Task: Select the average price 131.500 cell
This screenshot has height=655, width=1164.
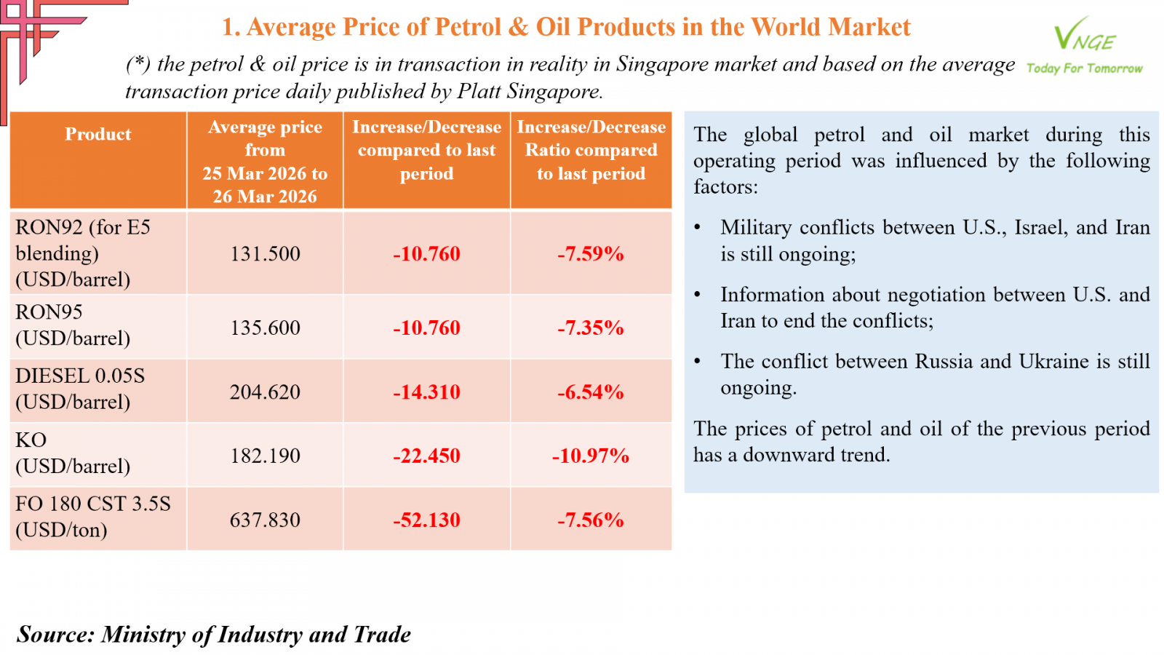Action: click(x=265, y=254)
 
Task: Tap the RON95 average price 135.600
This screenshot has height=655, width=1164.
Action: click(x=265, y=327)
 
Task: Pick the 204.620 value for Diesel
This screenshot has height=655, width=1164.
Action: click(x=265, y=392)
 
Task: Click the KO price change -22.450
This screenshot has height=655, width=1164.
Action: click(x=426, y=456)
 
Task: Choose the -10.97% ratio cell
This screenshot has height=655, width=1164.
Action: click(x=591, y=456)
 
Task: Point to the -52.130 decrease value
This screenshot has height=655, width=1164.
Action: click(x=426, y=520)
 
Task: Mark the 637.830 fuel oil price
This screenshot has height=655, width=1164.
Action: click(x=265, y=520)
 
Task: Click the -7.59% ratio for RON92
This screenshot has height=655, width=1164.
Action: click(x=591, y=254)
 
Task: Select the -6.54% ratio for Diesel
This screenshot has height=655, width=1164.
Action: click(x=591, y=392)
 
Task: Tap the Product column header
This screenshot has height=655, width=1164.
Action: click(x=98, y=135)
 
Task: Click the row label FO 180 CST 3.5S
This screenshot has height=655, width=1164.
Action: click(x=93, y=504)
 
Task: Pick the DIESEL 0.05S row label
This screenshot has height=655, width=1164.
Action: click(x=80, y=376)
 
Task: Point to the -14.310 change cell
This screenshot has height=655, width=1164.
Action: click(x=426, y=392)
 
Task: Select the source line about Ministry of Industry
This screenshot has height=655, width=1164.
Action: click(x=214, y=635)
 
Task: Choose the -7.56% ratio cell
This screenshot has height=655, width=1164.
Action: click(x=591, y=520)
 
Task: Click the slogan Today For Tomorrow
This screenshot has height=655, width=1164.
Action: click(x=1084, y=68)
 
